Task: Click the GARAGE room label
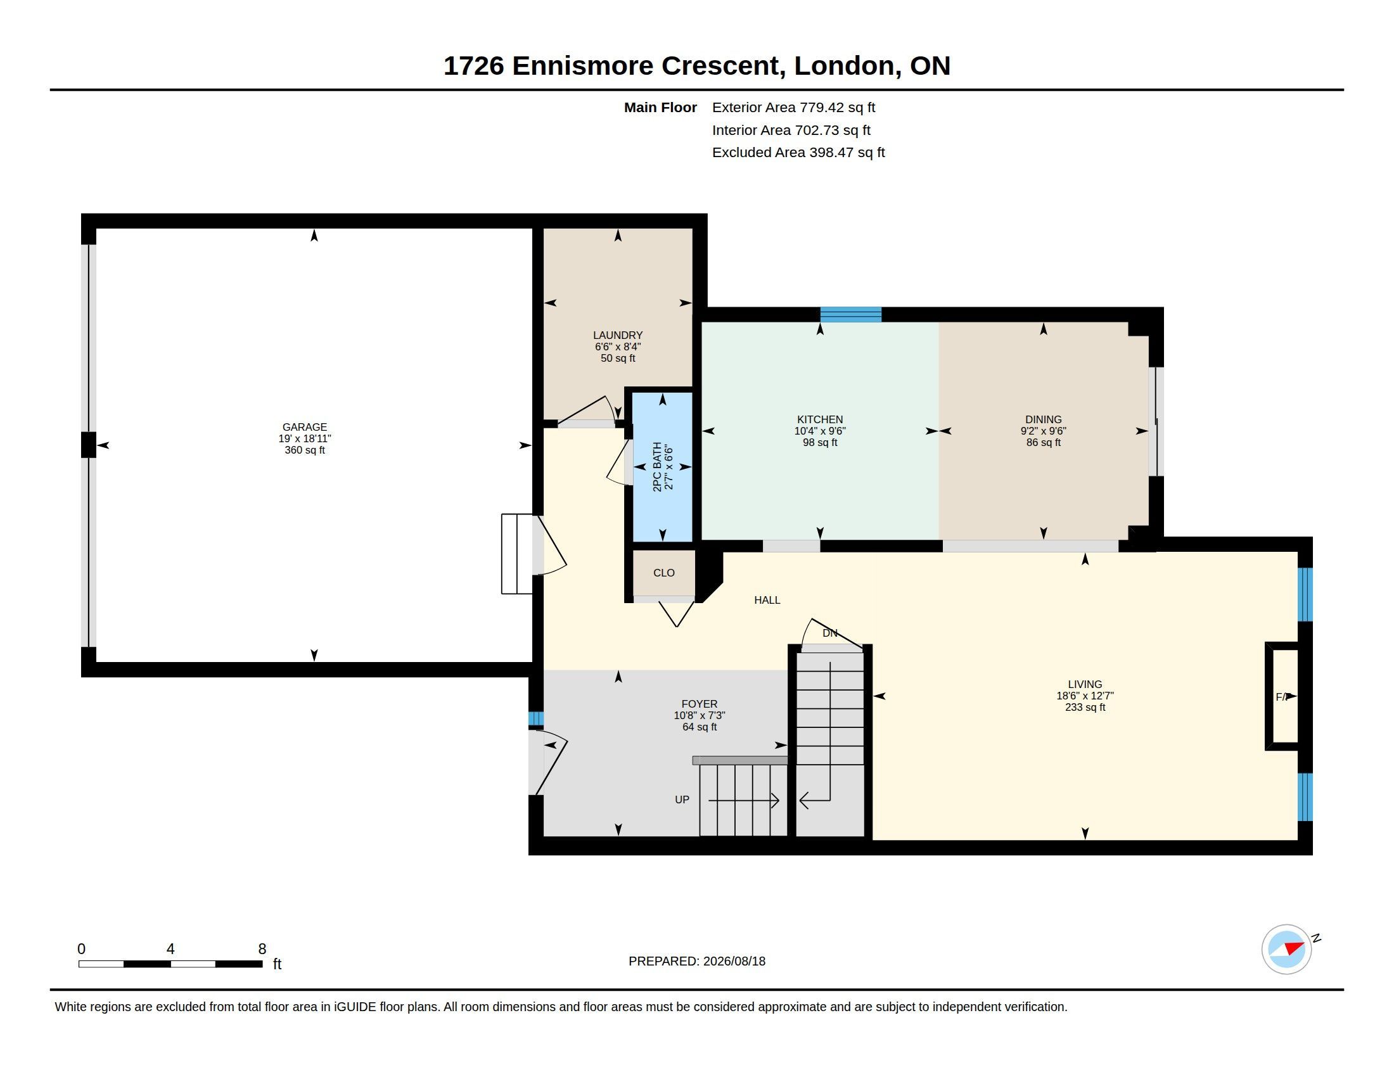(x=304, y=427)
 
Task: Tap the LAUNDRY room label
(x=618, y=335)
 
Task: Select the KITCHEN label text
(x=819, y=419)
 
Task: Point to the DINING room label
(x=1043, y=419)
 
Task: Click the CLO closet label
(x=664, y=573)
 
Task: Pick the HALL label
(x=767, y=600)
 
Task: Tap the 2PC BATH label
(x=658, y=466)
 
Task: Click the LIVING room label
(x=1085, y=684)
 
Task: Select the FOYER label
(x=700, y=704)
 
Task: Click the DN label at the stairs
(x=830, y=633)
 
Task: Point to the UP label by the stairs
(x=682, y=800)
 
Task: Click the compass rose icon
(x=1286, y=949)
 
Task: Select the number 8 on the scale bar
(x=262, y=949)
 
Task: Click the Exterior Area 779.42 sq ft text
(x=793, y=107)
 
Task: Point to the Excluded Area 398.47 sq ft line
(x=798, y=153)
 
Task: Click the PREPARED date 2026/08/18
(x=734, y=961)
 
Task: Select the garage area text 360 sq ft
(x=304, y=450)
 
